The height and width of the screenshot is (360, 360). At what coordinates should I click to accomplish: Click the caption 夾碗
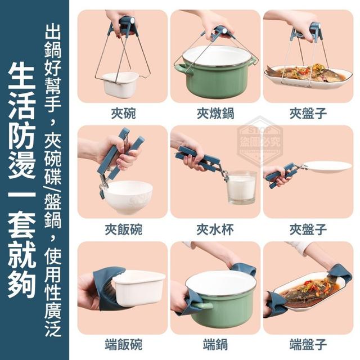click(123, 114)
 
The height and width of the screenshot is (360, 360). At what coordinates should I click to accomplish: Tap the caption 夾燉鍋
click(215, 114)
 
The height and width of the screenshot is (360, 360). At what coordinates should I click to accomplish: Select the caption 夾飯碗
click(123, 229)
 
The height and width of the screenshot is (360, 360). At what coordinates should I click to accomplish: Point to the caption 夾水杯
click(215, 229)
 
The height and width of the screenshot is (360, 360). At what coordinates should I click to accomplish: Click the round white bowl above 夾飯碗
click(127, 196)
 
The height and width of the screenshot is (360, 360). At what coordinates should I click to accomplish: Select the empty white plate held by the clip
click(326, 166)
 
